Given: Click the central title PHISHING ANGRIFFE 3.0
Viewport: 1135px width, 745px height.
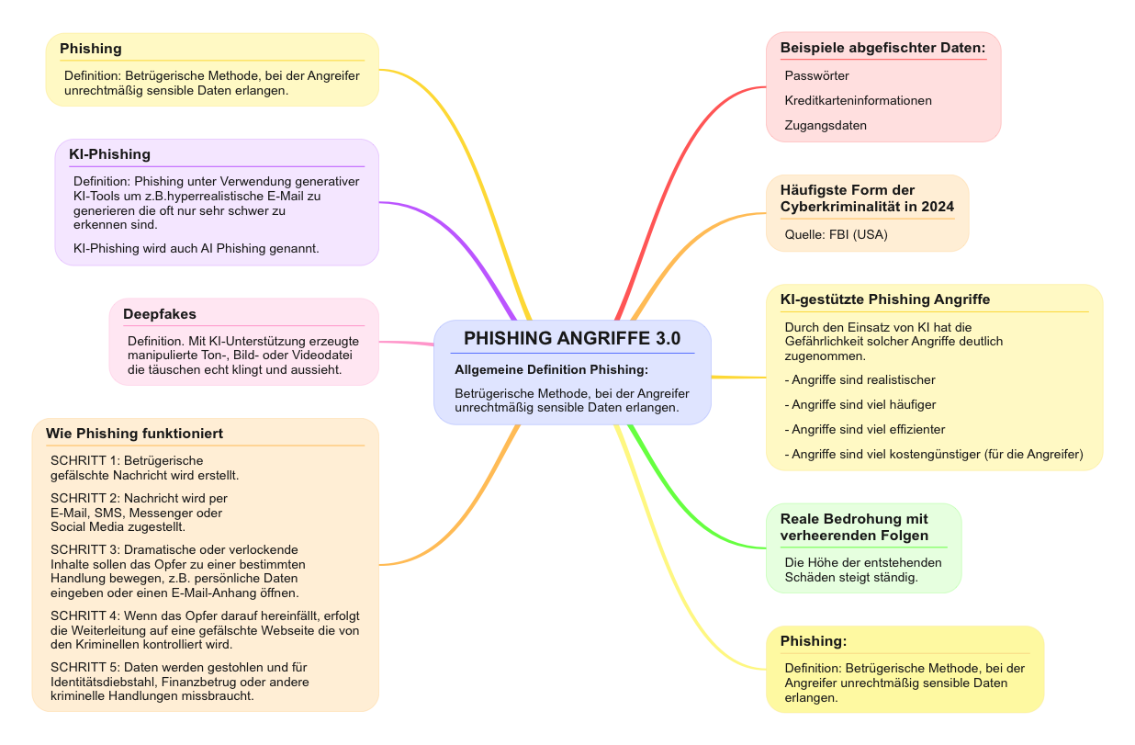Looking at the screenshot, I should coord(572,338).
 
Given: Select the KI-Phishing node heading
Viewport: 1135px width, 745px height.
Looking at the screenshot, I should coord(109,153).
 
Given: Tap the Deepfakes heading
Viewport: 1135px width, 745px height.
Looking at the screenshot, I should coord(160,314).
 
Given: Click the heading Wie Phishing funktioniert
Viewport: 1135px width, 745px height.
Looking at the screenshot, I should coord(134,433).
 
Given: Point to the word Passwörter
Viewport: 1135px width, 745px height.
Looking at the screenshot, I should coord(816,75).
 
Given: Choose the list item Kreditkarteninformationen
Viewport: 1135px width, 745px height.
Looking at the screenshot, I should coord(858,100).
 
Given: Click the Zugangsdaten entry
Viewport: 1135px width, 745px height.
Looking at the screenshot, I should coord(826,125).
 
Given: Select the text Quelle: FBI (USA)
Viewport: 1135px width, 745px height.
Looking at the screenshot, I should coord(836,234).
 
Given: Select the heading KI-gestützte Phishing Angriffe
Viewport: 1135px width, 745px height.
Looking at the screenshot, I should coord(884,299).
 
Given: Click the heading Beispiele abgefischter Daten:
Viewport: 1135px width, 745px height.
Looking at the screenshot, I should coord(882,47).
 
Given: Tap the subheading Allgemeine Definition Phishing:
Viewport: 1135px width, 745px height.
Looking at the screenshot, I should coord(551,369).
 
